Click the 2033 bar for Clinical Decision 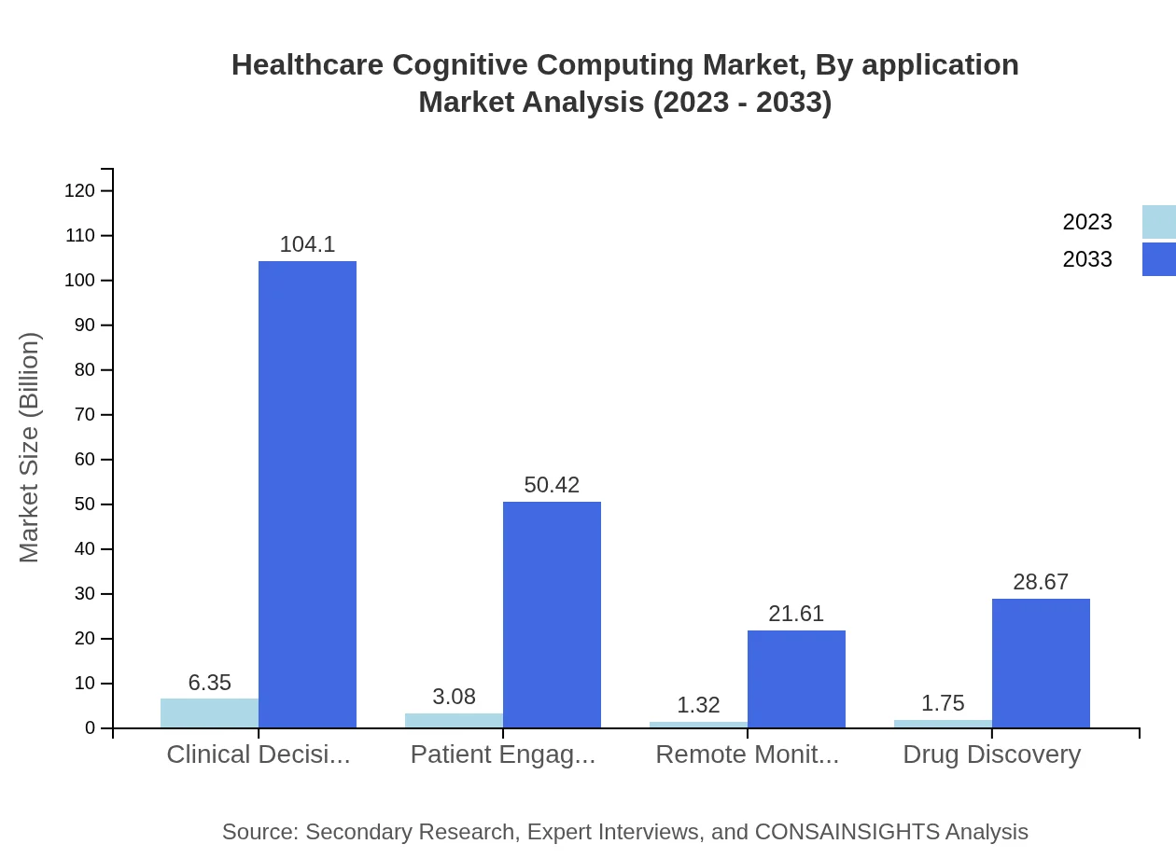click(x=307, y=494)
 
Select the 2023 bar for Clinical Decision click(x=209, y=713)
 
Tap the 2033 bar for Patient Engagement click(x=552, y=615)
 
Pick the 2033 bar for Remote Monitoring click(x=796, y=679)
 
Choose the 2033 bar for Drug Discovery click(x=1041, y=663)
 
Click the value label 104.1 click(x=307, y=244)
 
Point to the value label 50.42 click(x=552, y=485)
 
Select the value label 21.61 click(x=796, y=614)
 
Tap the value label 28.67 click(x=1041, y=582)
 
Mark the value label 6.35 click(x=209, y=683)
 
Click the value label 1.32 click(x=698, y=705)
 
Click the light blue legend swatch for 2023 click(x=1158, y=222)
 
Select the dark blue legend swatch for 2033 click(x=1158, y=259)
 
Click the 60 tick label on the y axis click(x=85, y=460)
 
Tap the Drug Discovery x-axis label click(x=991, y=754)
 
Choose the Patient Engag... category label click(x=503, y=754)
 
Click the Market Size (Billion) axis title click(x=29, y=448)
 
